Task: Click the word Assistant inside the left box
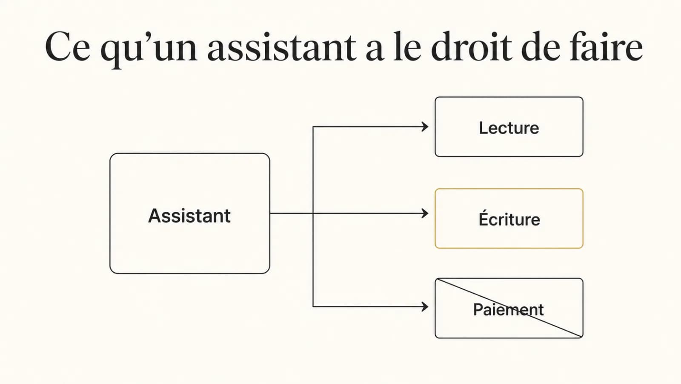[189, 216]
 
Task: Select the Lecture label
[509, 128]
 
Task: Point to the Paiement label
[508, 310]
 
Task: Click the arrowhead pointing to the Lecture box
[425, 127]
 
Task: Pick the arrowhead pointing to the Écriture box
[425, 213]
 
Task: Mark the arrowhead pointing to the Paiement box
[425, 307]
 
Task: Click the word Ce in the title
[68, 46]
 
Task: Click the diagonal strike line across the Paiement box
[509, 308]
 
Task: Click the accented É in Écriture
[485, 218]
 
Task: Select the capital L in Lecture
[484, 128]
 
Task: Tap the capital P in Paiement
[479, 310]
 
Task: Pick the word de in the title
[541, 46]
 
